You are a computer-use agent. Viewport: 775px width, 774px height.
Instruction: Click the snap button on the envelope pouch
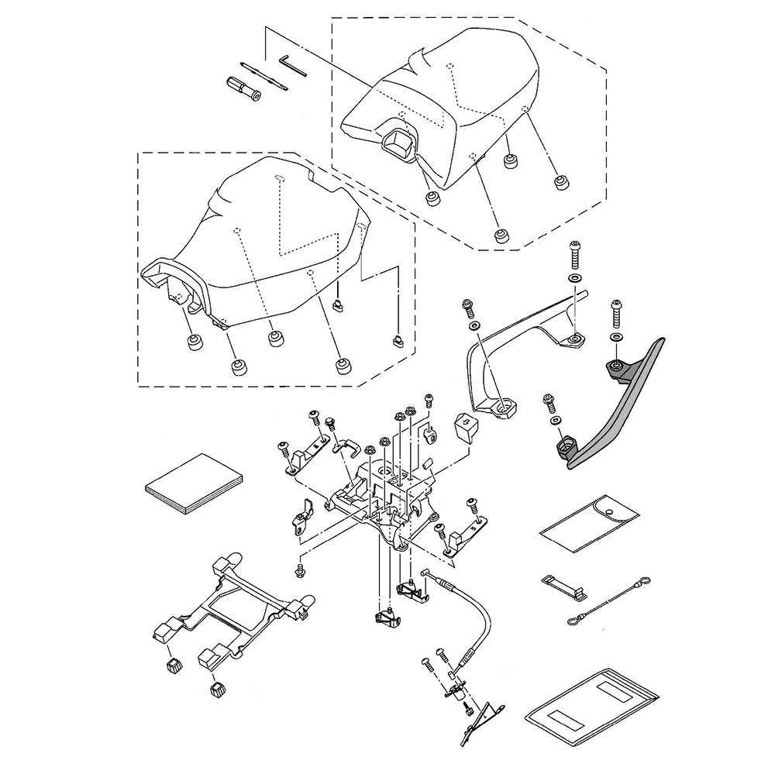click(x=611, y=512)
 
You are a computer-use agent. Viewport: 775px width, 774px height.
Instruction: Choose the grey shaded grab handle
click(x=620, y=411)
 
